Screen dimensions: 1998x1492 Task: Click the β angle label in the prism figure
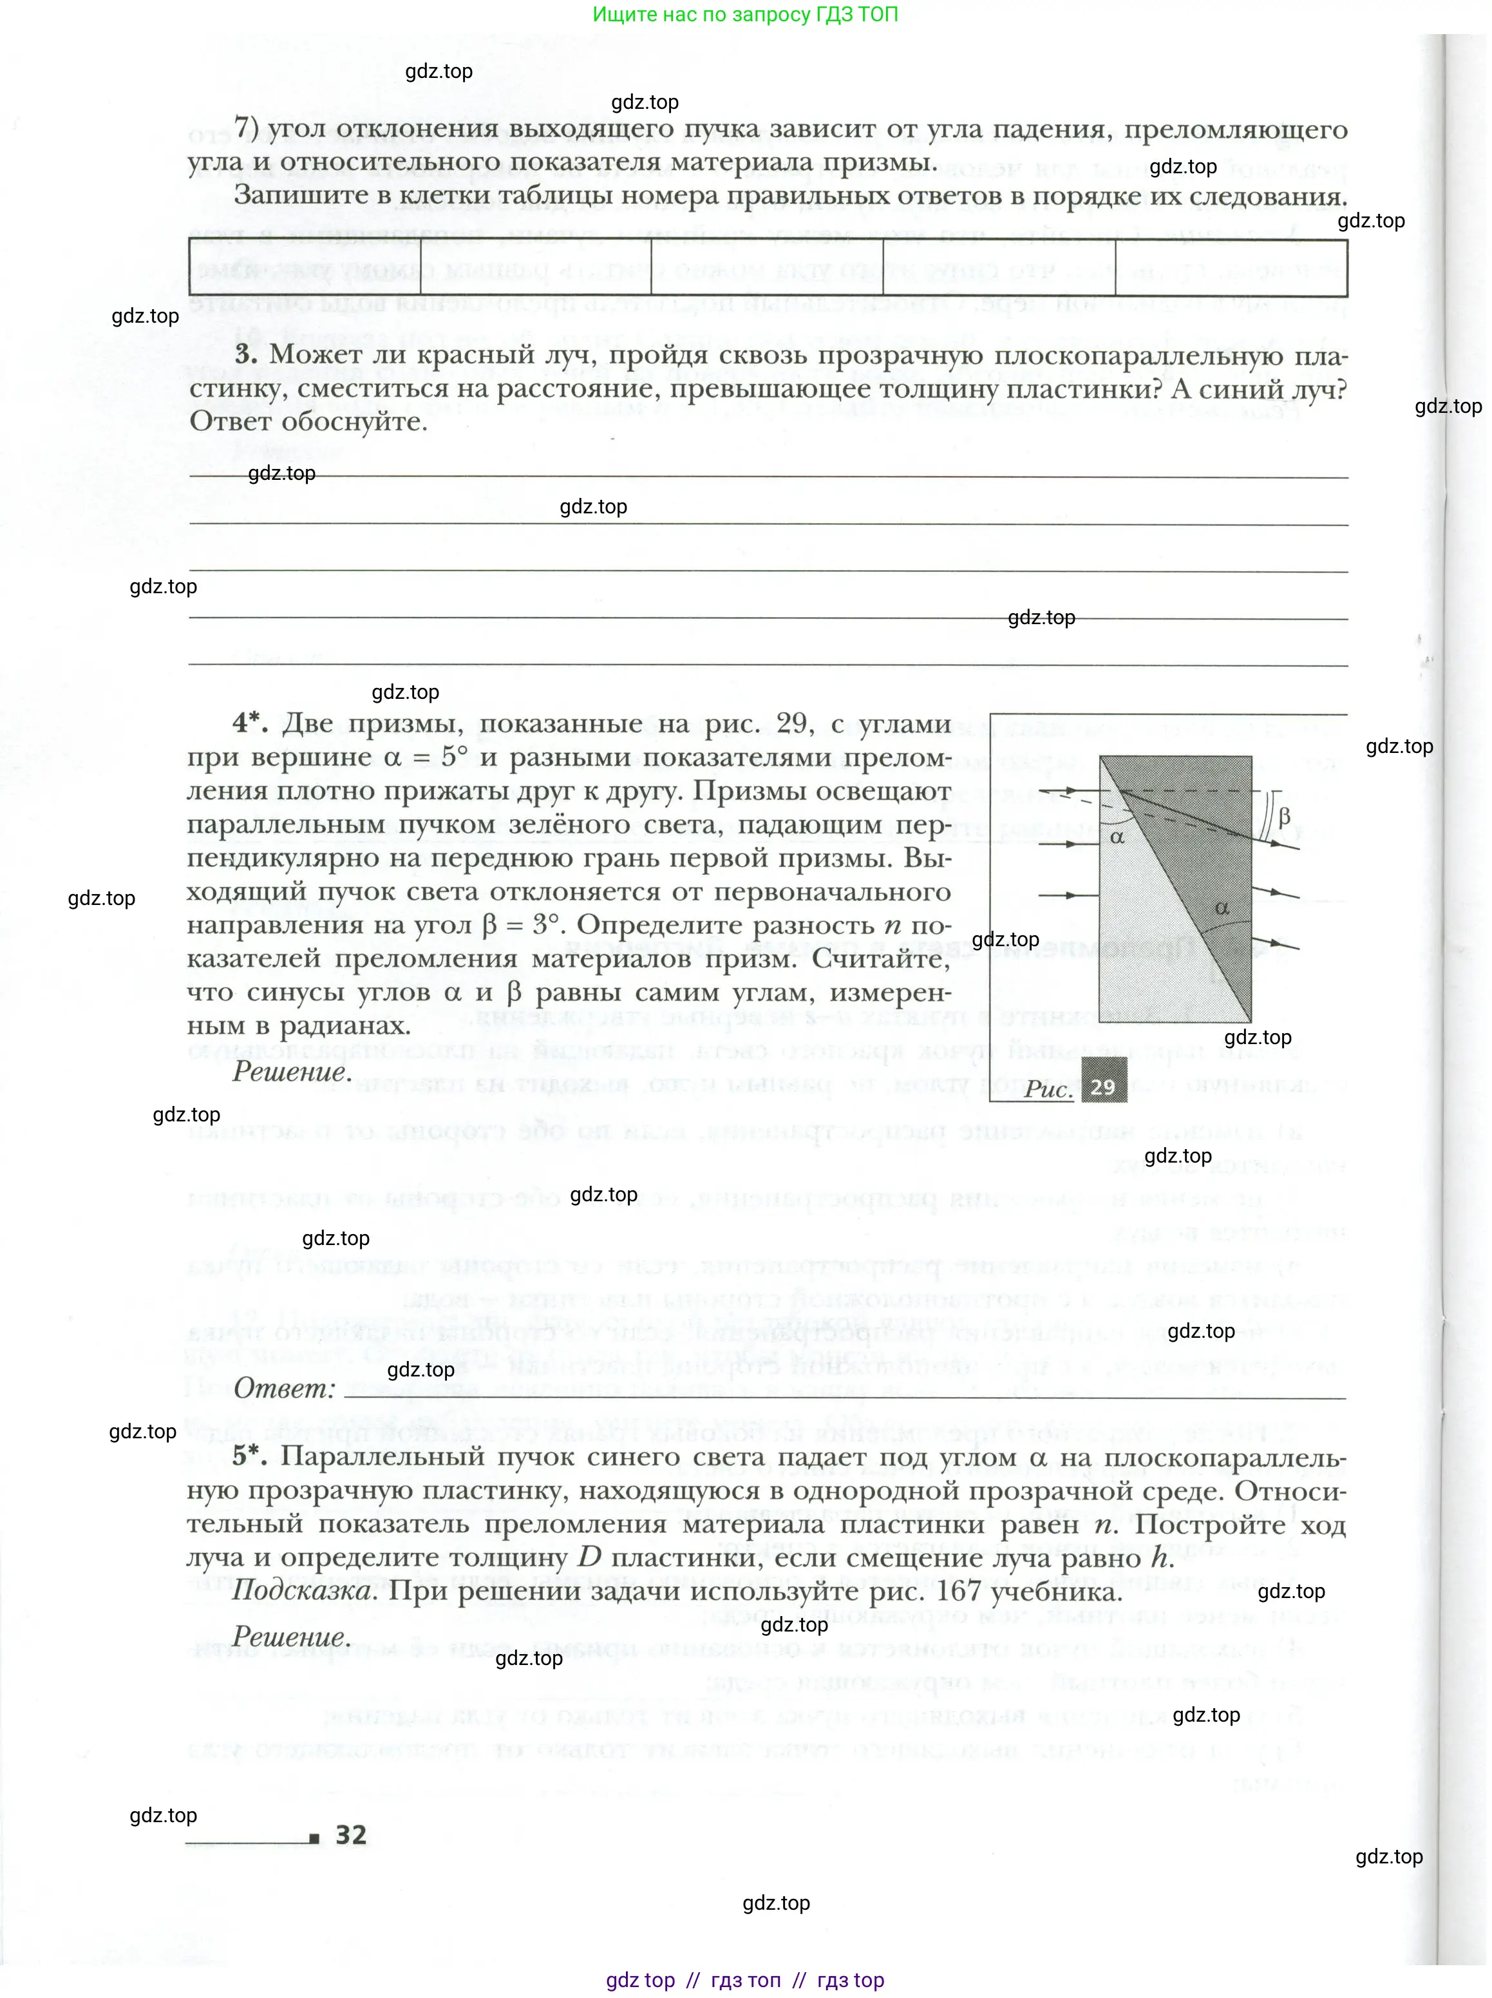point(1284,817)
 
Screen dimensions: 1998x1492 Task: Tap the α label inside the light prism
point(1117,837)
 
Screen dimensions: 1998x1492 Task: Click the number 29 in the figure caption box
point(1103,1087)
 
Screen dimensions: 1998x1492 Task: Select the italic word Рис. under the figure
point(1048,1089)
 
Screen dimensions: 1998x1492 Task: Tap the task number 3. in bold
point(247,354)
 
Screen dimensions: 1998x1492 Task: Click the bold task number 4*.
point(250,723)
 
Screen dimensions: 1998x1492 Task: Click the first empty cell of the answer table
point(305,267)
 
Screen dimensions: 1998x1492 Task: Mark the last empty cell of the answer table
point(1231,267)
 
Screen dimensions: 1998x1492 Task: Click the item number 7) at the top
point(247,128)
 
